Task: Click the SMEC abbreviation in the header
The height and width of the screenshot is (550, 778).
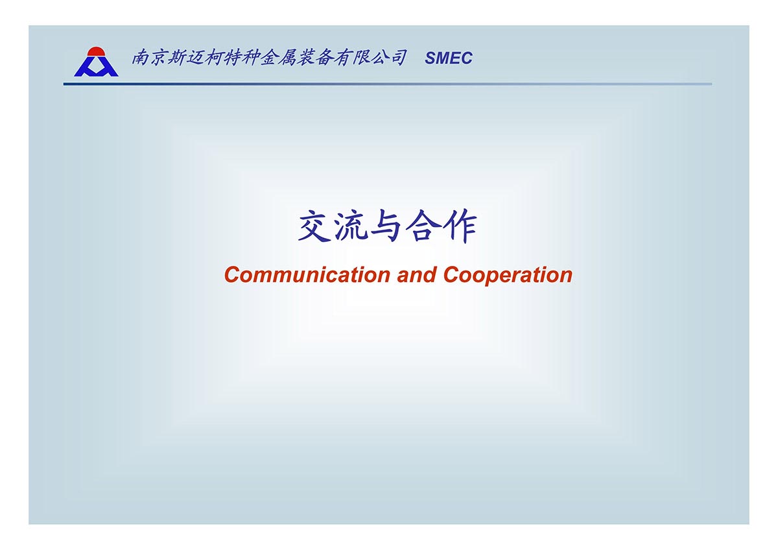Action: (449, 58)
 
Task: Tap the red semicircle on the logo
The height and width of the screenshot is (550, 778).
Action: (96, 52)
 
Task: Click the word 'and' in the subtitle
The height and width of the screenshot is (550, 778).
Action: (417, 274)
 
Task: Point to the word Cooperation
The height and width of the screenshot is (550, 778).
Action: (508, 275)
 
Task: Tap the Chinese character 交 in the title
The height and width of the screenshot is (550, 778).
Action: (314, 226)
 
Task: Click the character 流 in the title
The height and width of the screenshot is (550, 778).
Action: (351, 226)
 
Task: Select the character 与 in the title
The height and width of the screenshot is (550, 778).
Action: (386, 226)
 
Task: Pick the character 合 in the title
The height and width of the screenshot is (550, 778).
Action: (422, 226)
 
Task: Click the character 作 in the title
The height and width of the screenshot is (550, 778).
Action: (459, 226)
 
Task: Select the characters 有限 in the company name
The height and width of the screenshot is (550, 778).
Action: (351, 57)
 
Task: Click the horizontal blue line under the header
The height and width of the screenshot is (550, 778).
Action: (388, 84)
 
